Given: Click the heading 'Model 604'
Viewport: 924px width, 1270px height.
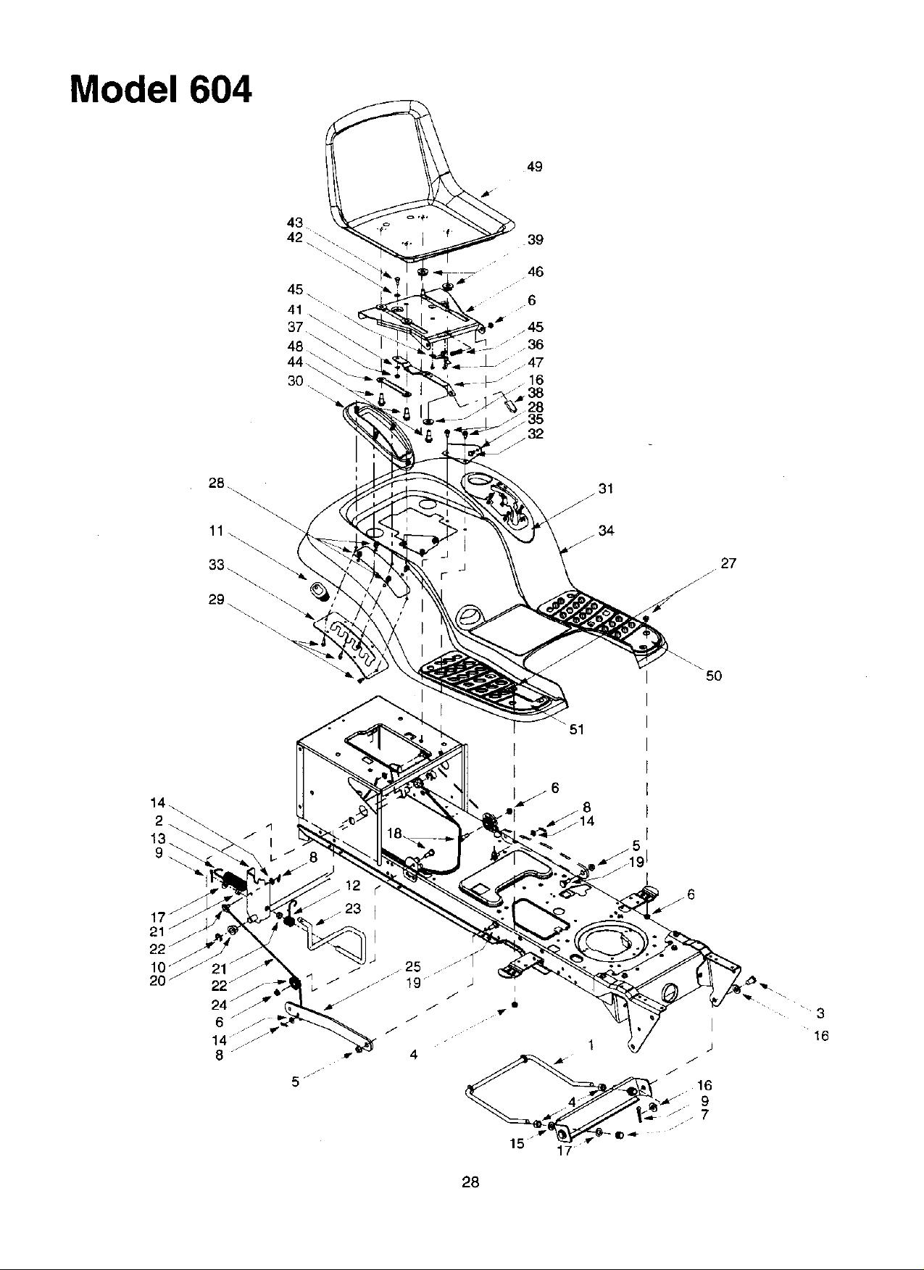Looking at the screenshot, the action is coord(161,90).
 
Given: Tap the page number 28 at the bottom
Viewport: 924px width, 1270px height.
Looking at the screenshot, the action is coord(470,1182).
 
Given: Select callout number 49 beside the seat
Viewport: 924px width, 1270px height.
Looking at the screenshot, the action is coord(535,167).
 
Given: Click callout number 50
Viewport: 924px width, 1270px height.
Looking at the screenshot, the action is coord(714,676).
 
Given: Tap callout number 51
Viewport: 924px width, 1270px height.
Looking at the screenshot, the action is coord(576,729).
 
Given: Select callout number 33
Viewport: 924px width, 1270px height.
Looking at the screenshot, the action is coord(217,565).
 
